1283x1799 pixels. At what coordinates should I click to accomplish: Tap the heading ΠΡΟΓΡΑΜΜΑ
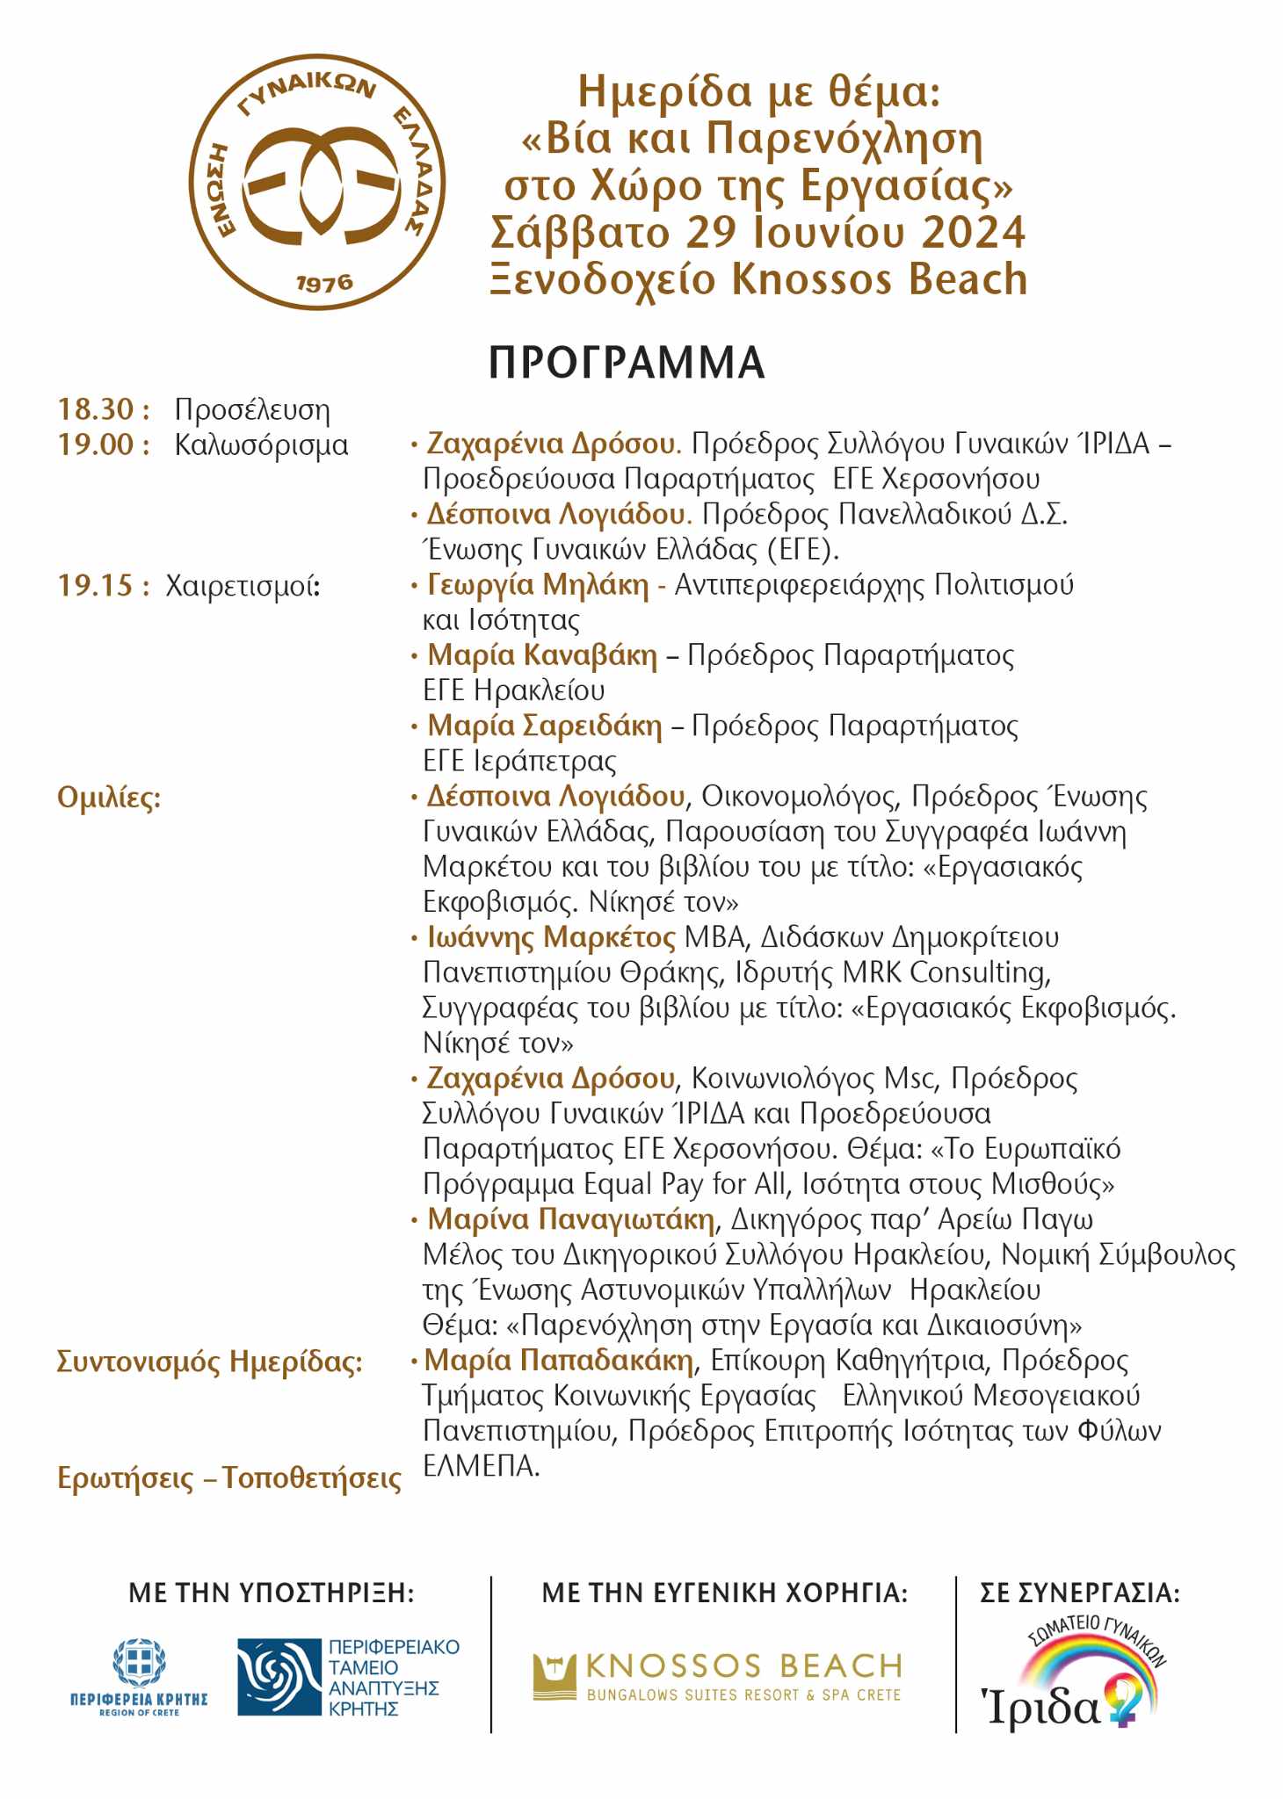pos(626,362)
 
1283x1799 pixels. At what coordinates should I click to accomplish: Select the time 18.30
pos(96,409)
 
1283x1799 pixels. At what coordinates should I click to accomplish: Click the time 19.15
pos(96,585)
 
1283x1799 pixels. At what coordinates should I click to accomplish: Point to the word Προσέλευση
pos(252,410)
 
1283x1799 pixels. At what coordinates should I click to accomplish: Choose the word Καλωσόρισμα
pos(261,445)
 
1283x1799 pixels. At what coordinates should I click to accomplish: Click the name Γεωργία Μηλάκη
pos(537,585)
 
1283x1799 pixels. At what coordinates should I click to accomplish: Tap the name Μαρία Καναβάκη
pos(541,655)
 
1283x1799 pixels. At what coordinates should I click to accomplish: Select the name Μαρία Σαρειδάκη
pos(544,726)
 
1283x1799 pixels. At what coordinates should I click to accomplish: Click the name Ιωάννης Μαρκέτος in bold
pos(551,937)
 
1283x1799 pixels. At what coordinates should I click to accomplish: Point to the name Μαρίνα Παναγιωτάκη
pos(571,1219)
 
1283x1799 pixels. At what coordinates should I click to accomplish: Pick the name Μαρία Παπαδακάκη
pos(559,1361)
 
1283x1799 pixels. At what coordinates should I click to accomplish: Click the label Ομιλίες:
pos(109,798)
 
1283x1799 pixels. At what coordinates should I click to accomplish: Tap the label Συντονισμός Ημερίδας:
pos(209,1362)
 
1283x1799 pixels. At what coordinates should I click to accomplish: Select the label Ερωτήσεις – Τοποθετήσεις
pos(228,1478)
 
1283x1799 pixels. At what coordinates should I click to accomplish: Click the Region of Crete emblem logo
pos(139,1678)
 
